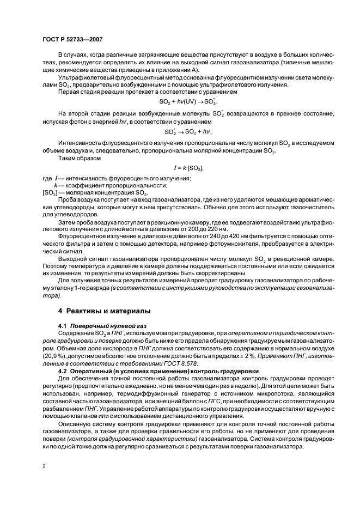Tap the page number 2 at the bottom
click(x=44, y=465)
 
